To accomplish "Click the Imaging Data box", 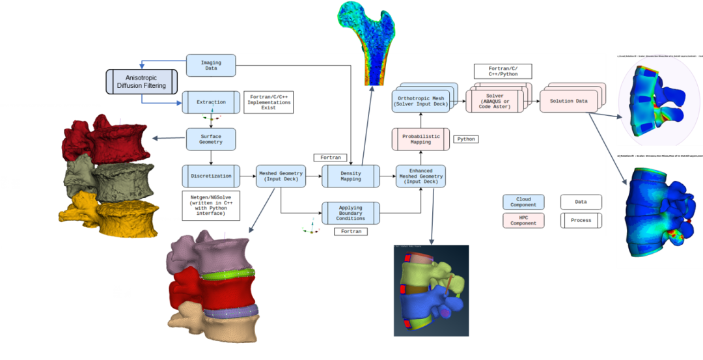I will (x=210, y=65).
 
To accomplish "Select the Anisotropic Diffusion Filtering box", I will (x=141, y=81).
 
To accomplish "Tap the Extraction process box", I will (x=211, y=102).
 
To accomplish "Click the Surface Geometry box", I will (x=210, y=138).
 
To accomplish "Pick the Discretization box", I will (x=210, y=176).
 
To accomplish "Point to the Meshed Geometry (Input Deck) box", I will (x=281, y=176).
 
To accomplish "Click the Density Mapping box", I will (x=351, y=176).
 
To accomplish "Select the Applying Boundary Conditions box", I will (x=351, y=213).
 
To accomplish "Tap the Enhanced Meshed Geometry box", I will (x=420, y=176).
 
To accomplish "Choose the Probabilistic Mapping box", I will (x=420, y=139).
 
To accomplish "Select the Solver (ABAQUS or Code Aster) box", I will (x=494, y=101).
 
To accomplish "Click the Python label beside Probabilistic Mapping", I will (x=466, y=139).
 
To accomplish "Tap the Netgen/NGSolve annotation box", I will (x=211, y=204).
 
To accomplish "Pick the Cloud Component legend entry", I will (x=524, y=202).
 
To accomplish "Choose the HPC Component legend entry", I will (x=524, y=220).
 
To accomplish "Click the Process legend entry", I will (x=581, y=220).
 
